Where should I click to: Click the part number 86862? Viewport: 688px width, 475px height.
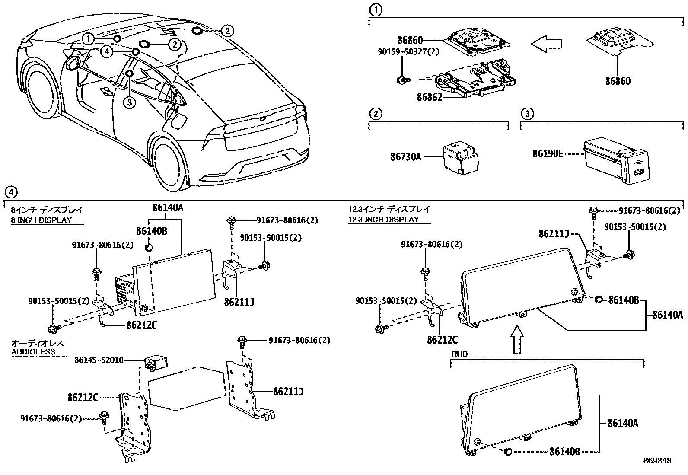(429, 98)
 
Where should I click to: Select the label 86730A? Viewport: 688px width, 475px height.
(405, 157)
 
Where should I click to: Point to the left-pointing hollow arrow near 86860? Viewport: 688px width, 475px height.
(546, 43)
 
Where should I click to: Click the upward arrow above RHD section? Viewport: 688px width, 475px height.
(517, 339)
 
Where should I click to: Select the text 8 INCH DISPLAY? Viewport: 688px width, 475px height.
(41, 220)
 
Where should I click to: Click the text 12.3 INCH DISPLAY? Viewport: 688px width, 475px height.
(384, 219)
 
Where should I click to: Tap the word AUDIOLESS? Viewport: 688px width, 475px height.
(33, 352)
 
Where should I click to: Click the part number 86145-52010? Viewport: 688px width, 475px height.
(99, 360)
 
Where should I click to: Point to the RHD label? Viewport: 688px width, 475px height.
(459, 354)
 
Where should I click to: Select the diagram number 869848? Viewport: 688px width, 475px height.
(657, 461)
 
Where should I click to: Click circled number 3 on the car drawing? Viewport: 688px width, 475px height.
(129, 102)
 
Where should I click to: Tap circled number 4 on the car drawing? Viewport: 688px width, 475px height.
(107, 52)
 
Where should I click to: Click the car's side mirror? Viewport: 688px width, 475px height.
(72, 63)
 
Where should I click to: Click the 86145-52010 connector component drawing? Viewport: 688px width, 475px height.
(156, 362)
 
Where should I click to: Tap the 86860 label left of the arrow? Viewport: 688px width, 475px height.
(410, 41)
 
